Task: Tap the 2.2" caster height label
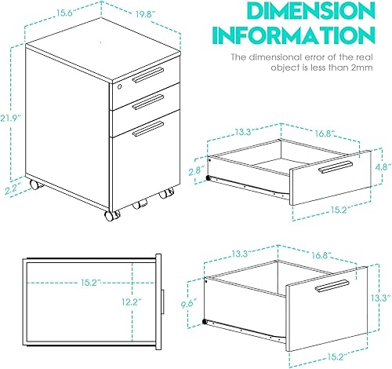point(11,188)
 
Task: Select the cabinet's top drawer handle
point(147,75)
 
